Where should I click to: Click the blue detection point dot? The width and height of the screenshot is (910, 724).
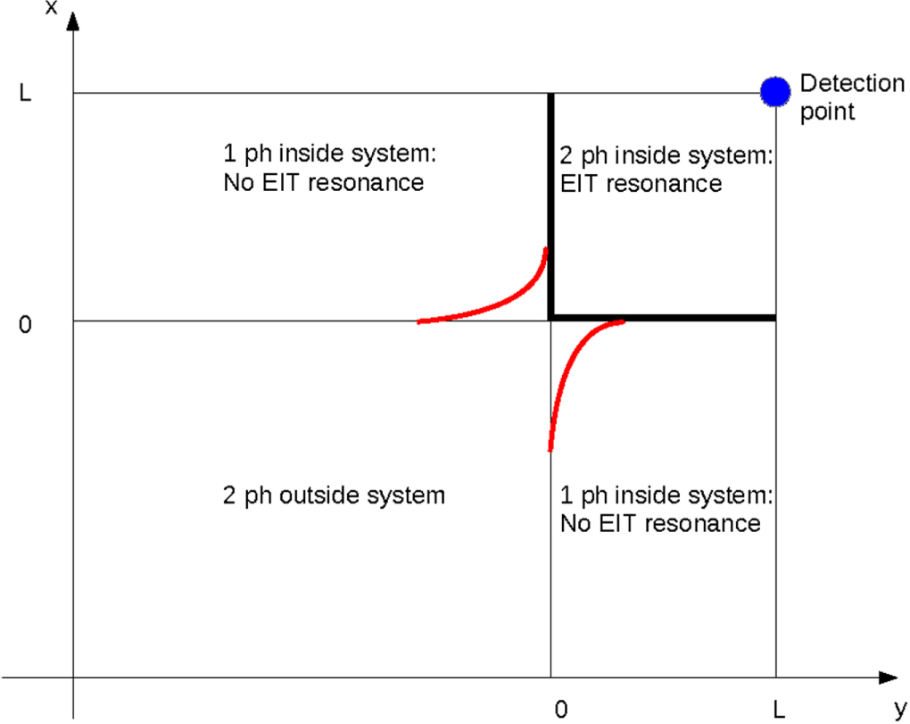coord(775,90)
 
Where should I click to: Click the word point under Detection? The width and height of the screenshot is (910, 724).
coord(827,112)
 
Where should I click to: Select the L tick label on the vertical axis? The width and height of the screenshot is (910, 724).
coord(26,93)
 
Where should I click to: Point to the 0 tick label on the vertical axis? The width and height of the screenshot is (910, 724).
coord(26,325)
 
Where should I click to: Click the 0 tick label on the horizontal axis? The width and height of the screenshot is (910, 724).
coord(560,709)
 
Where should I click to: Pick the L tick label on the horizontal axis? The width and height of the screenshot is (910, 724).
coord(780,709)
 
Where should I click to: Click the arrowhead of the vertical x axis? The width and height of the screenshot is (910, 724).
coord(73,20)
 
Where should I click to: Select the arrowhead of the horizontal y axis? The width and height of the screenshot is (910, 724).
coord(887,678)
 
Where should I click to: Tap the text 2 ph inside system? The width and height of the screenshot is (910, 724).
coord(666,156)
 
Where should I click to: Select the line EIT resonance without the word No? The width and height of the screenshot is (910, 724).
coord(641,184)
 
